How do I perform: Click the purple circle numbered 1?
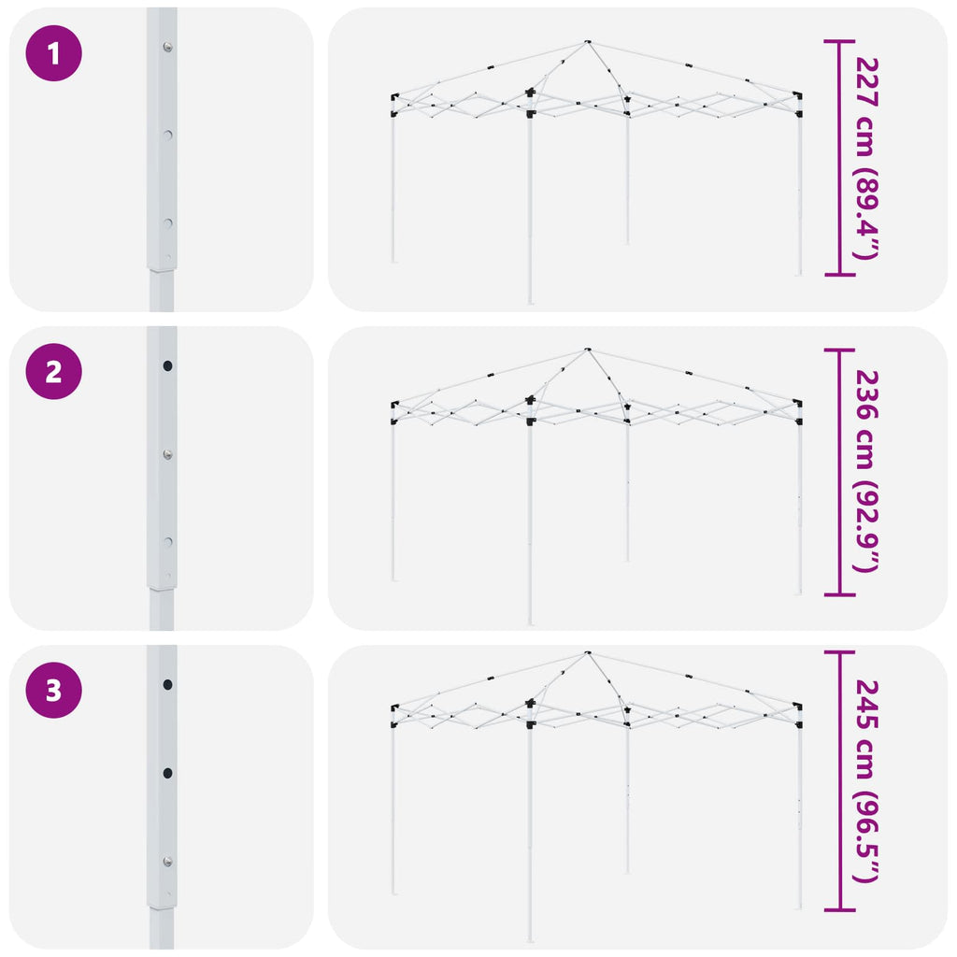tap(53, 53)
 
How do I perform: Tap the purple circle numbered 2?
tap(53, 372)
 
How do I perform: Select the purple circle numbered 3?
tap(53, 691)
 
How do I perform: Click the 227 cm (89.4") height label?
tap(866, 158)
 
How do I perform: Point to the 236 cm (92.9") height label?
tap(866, 471)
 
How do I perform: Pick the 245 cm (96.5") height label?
tap(866, 781)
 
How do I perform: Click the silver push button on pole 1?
tap(167, 47)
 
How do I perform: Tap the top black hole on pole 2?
tap(167, 366)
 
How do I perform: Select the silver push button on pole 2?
tap(167, 455)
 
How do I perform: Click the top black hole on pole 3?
tap(167, 685)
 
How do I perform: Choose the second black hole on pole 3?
tap(167, 773)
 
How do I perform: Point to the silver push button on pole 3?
tap(167, 862)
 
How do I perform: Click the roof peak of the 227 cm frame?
tap(587, 41)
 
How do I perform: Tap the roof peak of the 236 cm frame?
tap(587, 350)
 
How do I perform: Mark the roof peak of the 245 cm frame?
tap(587, 652)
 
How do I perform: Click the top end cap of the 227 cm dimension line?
tap(840, 41)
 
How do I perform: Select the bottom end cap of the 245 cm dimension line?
tap(840, 910)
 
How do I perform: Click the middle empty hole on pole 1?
tap(167, 135)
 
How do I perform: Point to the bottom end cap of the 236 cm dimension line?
tap(840, 593)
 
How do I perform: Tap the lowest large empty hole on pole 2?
tap(167, 542)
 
